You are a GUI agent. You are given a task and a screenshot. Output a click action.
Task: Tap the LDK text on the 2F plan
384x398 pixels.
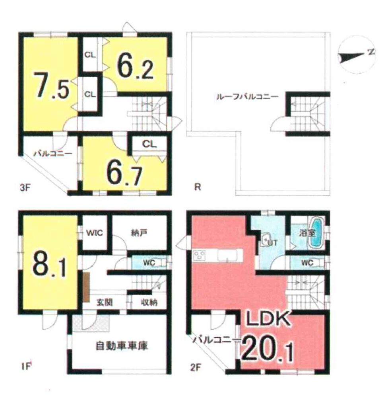coord(269,320)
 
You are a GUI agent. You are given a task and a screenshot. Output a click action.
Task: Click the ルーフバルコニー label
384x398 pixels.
coord(247,97)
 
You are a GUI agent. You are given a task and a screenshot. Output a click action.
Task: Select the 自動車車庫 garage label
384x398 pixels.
coord(122,345)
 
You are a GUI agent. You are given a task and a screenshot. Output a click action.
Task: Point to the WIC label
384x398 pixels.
coord(94,232)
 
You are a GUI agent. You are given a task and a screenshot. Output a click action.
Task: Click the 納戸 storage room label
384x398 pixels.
coord(140,232)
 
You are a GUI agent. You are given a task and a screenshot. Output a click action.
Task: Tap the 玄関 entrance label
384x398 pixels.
coord(104,302)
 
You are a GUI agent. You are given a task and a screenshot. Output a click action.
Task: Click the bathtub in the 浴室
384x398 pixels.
coord(316,233)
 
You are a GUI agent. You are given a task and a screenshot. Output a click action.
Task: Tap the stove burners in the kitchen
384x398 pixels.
coord(200,255)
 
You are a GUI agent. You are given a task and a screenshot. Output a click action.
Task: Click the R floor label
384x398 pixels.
coord(198,187)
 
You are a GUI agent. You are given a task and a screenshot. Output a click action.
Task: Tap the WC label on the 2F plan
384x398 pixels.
coord(307,263)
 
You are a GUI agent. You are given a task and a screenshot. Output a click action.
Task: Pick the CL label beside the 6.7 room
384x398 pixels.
coord(149,144)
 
